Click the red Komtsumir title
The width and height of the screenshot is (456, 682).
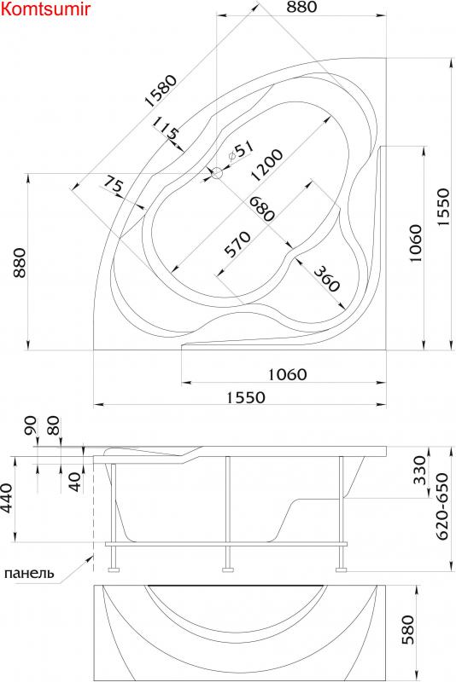pos(45,9)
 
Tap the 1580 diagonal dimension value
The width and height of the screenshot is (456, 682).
pos(161,91)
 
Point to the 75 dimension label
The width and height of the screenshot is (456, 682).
pos(113,187)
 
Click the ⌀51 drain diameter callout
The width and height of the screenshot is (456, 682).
pos(241,149)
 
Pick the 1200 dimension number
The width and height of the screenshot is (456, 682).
pos(267,165)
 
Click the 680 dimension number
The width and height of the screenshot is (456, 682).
pos(261,209)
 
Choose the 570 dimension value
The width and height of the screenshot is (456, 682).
pos(237,244)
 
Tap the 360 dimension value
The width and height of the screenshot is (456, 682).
pos(326,279)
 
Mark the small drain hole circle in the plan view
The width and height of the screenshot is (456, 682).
pos(216,173)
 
